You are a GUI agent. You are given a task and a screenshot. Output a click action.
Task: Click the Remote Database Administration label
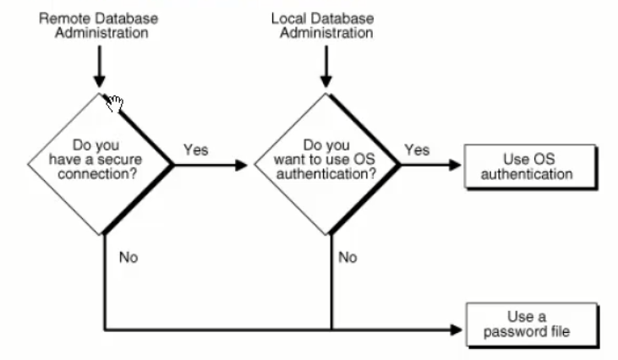point(100,25)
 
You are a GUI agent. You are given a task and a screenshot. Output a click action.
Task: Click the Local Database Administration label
point(321,25)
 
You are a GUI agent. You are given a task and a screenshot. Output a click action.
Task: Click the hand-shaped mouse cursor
point(114,103)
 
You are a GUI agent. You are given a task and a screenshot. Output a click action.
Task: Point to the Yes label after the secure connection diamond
point(195,150)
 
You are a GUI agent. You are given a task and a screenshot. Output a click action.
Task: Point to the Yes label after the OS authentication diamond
point(416,150)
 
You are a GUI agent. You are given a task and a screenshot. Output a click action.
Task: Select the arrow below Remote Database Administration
point(100,68)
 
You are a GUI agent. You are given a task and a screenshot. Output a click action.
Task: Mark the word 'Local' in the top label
point(288,18)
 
